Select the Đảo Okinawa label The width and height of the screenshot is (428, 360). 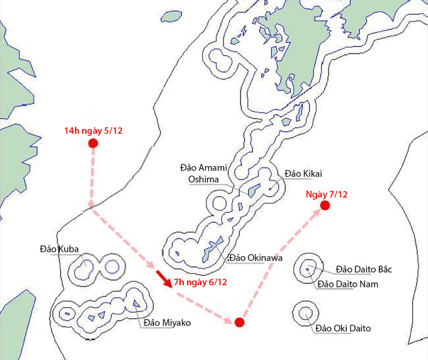[x=257, y=258]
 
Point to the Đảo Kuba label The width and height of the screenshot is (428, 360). [x=59, y=250]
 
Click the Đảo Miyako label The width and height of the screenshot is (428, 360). [x=166, y=323]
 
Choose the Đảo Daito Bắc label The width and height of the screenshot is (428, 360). [x=364, y=269]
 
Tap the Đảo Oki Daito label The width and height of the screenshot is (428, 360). [x=343, y=329]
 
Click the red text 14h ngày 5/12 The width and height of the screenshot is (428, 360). [x=93, y=131]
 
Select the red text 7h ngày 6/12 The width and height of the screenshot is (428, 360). [x=200, y=282]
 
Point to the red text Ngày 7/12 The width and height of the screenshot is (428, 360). [x=325, y=194]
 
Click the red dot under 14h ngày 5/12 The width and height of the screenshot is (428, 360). [x=93, y=144]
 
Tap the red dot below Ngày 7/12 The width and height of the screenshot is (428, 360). [x=325, y=205]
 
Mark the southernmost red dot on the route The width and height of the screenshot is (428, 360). [x=239, y=323]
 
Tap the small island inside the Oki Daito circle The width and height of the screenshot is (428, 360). [x=305, y=312]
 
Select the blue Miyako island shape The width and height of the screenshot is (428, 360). [x=136, y=305]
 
